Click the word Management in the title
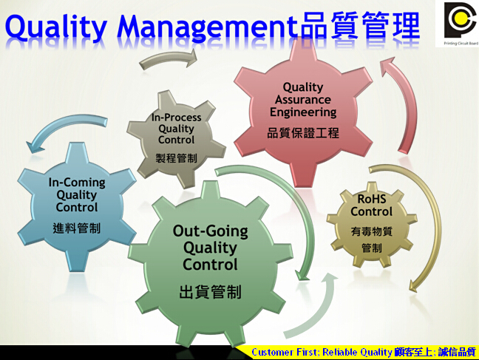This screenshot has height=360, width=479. point(207,27)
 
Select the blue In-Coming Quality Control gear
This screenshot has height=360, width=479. point(77,206)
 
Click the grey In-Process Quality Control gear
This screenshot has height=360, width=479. point(176,138)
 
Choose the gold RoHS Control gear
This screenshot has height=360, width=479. point(372,224)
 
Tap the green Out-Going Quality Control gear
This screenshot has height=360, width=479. point(210,263)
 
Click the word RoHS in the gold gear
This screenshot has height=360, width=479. point(372,199)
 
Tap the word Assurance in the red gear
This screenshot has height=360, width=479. point(303,100)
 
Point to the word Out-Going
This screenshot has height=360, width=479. point(210,231)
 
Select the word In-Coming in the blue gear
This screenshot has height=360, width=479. point(77,183)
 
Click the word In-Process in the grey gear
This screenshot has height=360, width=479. point(176,118)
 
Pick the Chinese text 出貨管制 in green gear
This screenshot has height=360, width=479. point(210,292)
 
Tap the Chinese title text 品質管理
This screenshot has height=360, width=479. point(360,26)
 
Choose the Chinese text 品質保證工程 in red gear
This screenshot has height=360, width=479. point(303,133)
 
